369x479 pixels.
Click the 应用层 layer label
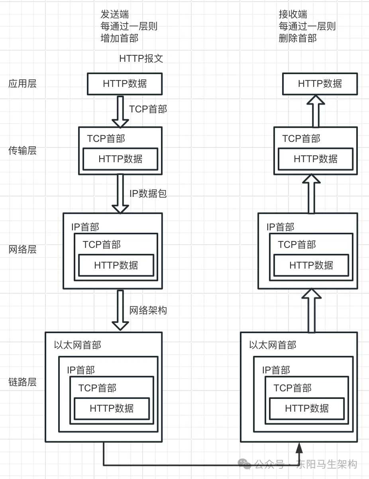tap(22, 84)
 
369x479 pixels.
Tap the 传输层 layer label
tap(22, 151)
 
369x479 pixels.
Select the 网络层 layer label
tap(22, 249)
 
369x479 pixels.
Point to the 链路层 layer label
tap(22, 382)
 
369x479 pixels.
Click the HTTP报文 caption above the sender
tap(141, 59)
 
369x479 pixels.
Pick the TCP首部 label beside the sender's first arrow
tap(148, 109)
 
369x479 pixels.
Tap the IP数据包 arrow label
tap(148, 194)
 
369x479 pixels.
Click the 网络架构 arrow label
tap(148, 310)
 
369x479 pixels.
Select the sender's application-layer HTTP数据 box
tap(125, 84)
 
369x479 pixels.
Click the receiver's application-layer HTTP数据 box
tap(320, 84)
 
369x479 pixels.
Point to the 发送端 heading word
tap(115, 14)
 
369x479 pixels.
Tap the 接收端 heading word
tap(293, 14)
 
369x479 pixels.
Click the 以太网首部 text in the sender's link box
tap(78, 345)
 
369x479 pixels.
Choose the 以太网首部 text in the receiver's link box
tap(273, 345)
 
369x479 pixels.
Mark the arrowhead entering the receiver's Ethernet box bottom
tap(299, 448)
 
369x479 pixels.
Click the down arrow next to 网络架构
tap(120, 310)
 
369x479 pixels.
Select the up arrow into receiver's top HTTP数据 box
tap(316, 111)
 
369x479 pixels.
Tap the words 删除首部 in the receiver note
tap(298, 38)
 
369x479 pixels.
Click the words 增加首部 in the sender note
tap(120, 38)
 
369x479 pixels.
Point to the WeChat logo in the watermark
tap(245, 464)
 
